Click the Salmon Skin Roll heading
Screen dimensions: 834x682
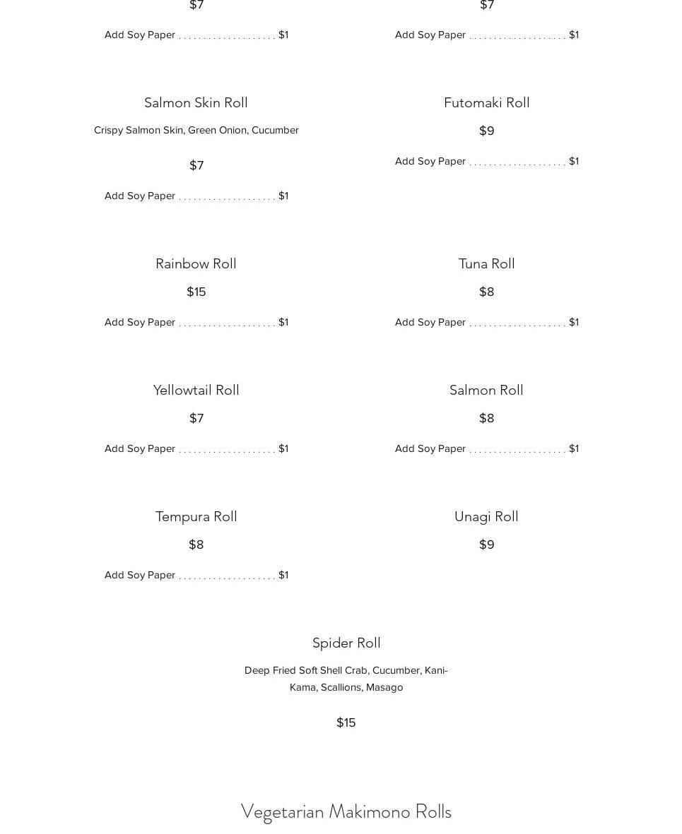tap(196, 102)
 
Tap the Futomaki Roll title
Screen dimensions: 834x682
tap(486, 102)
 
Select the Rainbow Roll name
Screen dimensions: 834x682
tap(196, 263)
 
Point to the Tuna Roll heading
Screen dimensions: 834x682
tap(486, 263)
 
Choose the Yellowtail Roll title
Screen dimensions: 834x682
tap(196, 390)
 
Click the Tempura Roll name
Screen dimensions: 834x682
tap(196, 516)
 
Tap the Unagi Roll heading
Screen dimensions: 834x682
tap(486, 516)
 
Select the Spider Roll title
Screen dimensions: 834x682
tap(346, 643)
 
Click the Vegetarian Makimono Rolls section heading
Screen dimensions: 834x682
tap(346, 811)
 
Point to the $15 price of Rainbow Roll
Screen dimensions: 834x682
tap(196, 292)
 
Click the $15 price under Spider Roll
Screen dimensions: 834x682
tap(346, 722)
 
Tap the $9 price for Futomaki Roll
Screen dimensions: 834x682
tap(486, 131)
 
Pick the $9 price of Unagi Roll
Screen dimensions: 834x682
tap(486, 544)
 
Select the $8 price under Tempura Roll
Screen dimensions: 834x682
tap(196, 544)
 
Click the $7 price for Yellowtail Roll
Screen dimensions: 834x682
tap(196, 418)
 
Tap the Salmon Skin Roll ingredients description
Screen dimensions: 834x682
tap(196, 130)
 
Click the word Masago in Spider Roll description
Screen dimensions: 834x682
tap(384, 687)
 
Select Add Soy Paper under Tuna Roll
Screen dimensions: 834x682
tap(430, 322)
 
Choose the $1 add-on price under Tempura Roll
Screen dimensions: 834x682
tap(283, 575)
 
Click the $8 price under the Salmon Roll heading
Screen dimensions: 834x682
tap(486, 418)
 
